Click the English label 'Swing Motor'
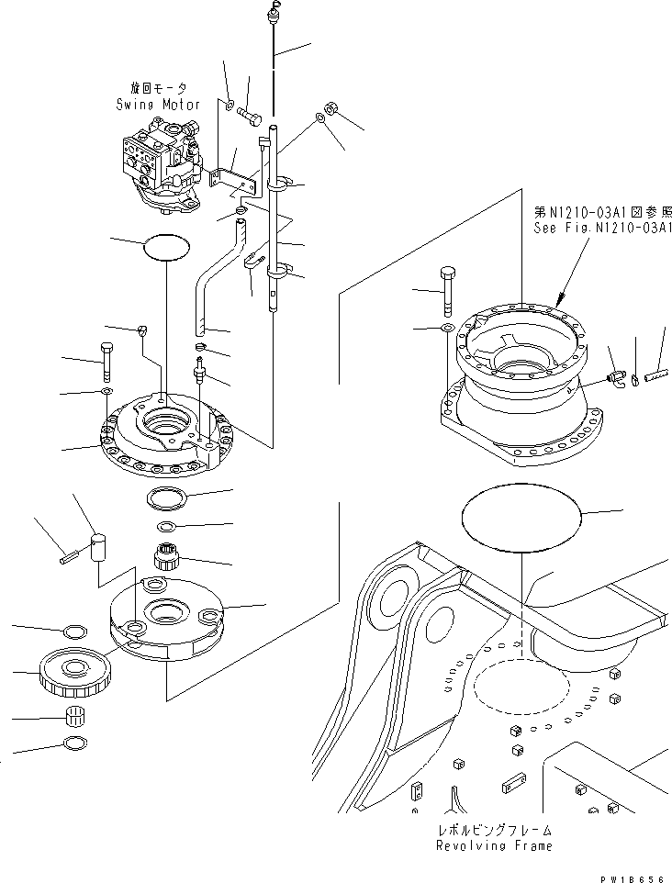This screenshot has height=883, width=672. point(158,105)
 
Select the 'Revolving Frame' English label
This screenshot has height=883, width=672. point(495,845)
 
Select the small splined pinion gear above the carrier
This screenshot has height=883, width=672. point(166,558)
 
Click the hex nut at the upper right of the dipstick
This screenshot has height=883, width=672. point(333,109)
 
